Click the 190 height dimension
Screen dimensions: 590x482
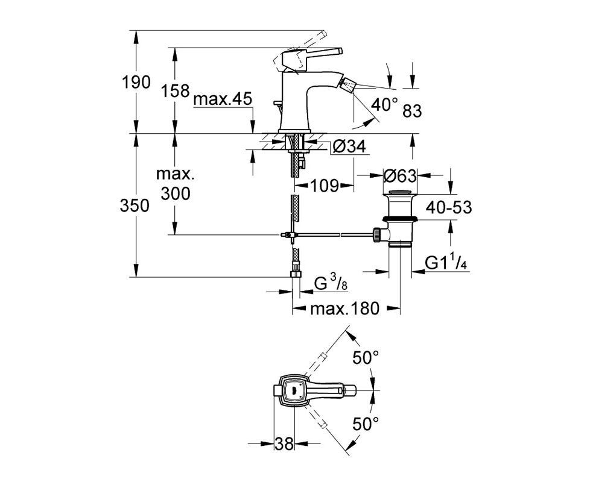(x=136, y=82)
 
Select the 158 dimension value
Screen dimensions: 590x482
(x=176, y=90)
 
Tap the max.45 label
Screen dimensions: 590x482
(x=223, y=100)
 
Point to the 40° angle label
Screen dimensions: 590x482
(x=384, y=104)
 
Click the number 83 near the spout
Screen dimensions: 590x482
(x=413, y=111)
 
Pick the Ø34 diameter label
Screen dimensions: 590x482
(x=349, y=146)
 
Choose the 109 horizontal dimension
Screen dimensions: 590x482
(x=324, y=185)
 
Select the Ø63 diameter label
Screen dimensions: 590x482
(x=400, y=176)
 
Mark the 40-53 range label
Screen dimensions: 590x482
(x=449, y=207)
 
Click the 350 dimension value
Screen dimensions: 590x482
(x=135, y=205)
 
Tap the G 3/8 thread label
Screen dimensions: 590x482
(x=331, y=284)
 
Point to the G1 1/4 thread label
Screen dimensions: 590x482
(x=446, y=263)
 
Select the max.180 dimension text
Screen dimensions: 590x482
(x=345, y=309)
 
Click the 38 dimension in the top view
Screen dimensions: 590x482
(x=284, y=444)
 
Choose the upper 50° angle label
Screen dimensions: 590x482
(x=366, y=358)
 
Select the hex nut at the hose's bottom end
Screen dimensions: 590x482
(x=296, y=274)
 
